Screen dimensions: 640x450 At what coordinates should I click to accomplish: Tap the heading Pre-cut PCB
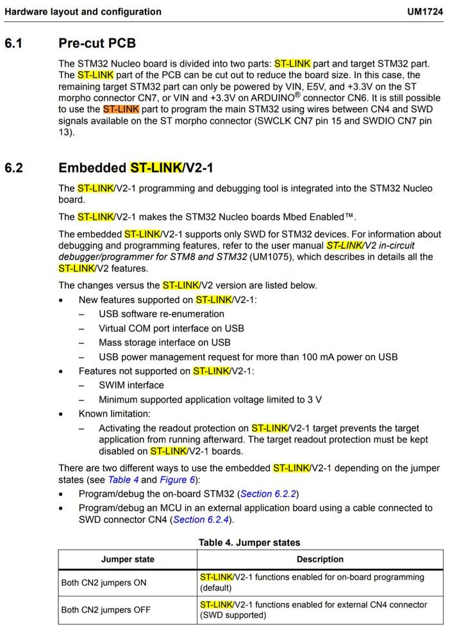point(97,44)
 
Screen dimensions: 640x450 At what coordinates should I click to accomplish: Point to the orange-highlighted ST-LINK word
point(121,110)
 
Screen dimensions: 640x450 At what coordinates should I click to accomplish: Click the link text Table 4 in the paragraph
point(123,480)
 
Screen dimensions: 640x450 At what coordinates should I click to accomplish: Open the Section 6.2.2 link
point(269,494)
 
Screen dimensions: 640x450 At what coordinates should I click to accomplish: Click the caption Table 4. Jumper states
point(249,543)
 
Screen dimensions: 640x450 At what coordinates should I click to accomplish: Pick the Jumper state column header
point(128,559)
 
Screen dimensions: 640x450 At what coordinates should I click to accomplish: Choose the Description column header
point(320,559)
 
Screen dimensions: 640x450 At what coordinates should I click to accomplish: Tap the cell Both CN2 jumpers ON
point(104,582)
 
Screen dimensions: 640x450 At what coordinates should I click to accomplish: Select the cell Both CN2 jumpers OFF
point(106,610)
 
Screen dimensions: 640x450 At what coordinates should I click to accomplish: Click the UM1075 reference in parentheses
point(276,257)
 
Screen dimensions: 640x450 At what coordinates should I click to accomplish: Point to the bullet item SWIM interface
point(131,385)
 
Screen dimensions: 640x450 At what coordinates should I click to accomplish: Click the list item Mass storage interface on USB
point(164,343)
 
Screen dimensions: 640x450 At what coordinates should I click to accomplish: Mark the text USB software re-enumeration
point(162,314)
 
